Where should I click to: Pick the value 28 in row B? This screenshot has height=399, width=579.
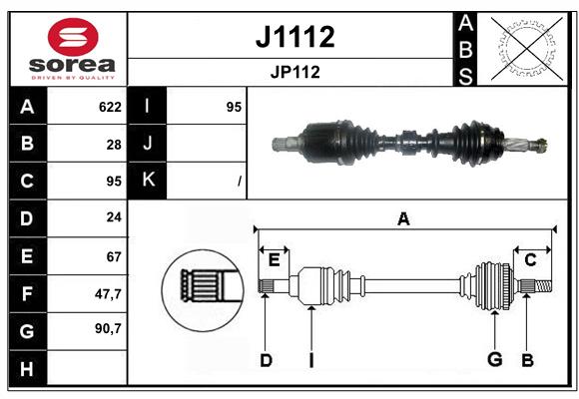(114, 144)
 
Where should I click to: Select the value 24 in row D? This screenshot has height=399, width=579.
(114, 216)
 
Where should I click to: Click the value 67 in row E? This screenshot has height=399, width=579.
(114, 255)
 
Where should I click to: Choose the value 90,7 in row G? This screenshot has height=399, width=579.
(108, 328)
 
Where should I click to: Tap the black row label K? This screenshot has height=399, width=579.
(148, 181)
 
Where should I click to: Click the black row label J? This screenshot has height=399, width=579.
(148, 144)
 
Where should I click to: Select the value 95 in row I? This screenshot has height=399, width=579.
(234, 107)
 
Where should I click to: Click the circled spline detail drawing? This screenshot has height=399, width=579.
(203, 288)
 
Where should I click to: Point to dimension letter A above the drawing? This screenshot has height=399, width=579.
(403, 219)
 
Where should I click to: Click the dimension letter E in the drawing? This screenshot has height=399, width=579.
(274, 260)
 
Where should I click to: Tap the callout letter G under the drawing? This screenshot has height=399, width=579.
(493, 359)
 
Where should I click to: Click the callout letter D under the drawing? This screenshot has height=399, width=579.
(266, 359)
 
